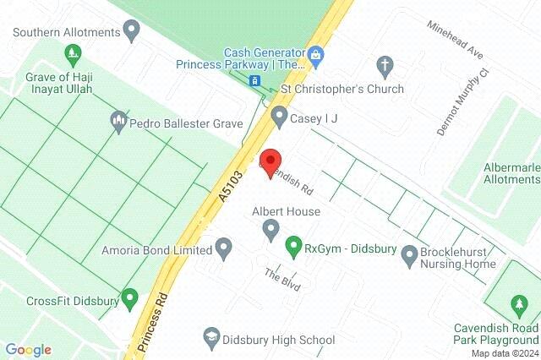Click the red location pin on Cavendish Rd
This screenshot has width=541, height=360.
tap(270, 161)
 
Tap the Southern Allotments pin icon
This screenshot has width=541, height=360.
tap(131, 32)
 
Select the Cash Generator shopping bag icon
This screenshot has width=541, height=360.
tap(315, 57)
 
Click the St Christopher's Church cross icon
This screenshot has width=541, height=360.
tap(385, 65)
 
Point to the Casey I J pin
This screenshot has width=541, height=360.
tap(279, 117)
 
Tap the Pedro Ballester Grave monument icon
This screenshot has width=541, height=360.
tap(119, 123)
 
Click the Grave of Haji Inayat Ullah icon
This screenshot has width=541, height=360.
tap(74, 54)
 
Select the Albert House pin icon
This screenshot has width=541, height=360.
tap(271, 228)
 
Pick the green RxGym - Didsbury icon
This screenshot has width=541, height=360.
tap(293, 248)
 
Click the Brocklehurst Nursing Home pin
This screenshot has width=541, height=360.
tap(410, 254)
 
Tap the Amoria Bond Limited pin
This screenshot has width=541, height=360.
tap(223, 249)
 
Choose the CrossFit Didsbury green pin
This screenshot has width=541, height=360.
tap(129, 298)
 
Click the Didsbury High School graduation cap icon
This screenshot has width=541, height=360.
tap(210, 339)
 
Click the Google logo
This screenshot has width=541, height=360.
tap(28, 349)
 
